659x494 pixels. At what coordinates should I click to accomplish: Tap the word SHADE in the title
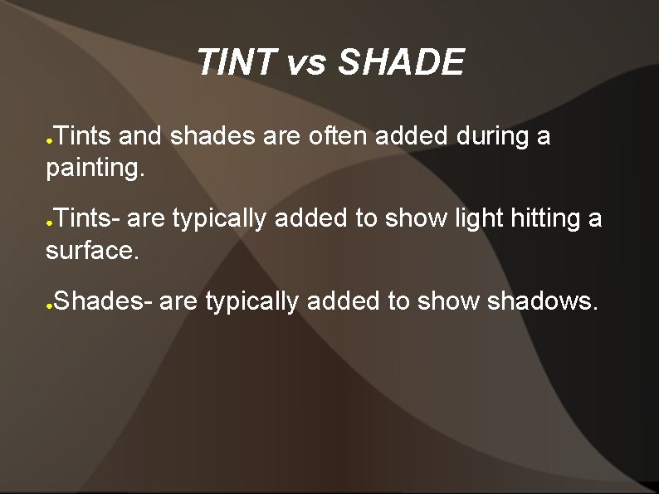coord(402,63)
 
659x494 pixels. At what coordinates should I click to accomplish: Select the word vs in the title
coord(306,64)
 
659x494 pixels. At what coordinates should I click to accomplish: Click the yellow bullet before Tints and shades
coord(50,140)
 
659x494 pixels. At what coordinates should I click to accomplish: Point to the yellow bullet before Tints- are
coord(50,224)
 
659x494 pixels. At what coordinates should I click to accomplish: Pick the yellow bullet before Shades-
coord(50,306)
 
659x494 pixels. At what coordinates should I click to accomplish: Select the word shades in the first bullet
coord(212,135)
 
